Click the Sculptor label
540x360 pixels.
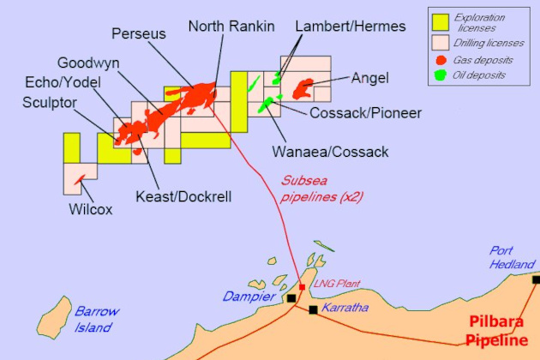tap(51, 104)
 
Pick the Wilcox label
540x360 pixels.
tap(91, 208)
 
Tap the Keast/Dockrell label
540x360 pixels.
tap(183, 196)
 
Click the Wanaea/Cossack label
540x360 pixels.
tap(330, 152)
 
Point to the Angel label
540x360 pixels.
tap(369, 78)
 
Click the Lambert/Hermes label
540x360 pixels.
tap(351, 27)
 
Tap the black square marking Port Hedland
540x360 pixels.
tap(536, 279)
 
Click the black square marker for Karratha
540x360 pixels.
tap(314, 309)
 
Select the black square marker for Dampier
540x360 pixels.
tap(292, 297)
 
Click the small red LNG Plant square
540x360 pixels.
tap(303, 287)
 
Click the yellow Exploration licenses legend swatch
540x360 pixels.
tap(441, 22)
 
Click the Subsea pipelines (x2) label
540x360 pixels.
tap(312, 189)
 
